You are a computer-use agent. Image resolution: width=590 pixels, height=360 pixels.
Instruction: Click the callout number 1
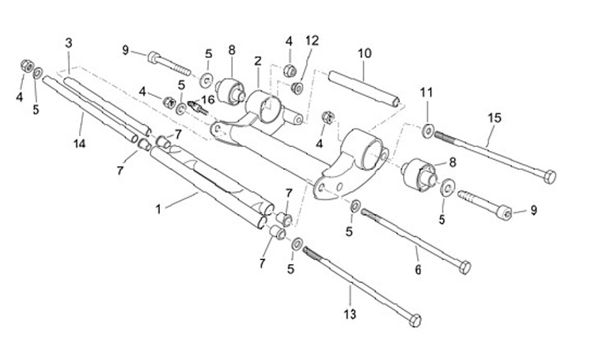tap(158, 209)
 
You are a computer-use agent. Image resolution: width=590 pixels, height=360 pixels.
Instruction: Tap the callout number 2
tap(257, 61)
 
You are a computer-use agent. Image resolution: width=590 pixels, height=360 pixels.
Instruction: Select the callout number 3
tap(69, 43)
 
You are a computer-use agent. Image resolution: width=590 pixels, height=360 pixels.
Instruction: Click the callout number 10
tap(365, 54)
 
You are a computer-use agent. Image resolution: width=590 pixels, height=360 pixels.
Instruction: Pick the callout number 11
tap(426, 92)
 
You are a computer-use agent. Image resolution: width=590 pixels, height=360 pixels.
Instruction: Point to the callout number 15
tap(493, 117)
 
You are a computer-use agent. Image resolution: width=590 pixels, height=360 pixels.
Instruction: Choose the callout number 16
tap(207, 100)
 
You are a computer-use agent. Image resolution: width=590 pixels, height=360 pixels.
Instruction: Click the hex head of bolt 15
tap(549, 175)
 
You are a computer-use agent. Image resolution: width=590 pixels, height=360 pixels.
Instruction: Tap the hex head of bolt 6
tap(465, 267)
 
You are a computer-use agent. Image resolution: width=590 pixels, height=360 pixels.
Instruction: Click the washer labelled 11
tap(429, 129)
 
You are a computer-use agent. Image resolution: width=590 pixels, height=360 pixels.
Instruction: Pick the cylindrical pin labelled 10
tap(363, 89)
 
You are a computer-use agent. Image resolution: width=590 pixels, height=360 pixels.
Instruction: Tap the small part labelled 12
tap(298, 87)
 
